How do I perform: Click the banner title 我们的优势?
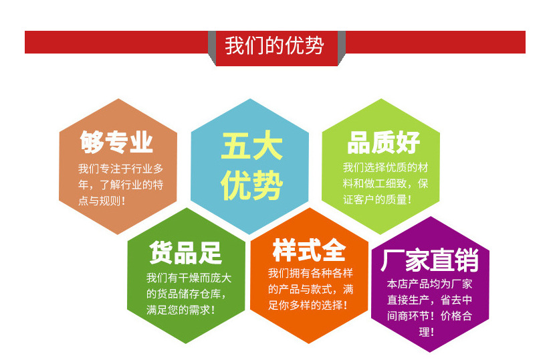tap(274, 46)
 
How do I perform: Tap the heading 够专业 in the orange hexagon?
tap(117, 143)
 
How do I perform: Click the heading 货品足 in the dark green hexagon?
tap(185, 253)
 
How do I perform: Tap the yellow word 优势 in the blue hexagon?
tap(251, 185)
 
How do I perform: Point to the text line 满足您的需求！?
tap(181, 310)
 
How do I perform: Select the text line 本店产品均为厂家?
tap(430, 284)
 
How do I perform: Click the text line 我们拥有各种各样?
tap(310, 273)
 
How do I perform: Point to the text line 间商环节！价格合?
tap(430, 315)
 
